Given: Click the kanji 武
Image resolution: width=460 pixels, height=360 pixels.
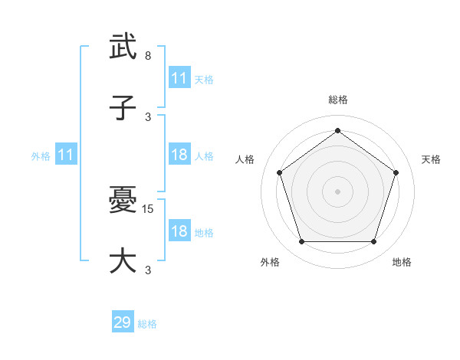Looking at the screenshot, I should [x=123, y=47].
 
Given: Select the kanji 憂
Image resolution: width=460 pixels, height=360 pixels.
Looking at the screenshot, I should [x=123, y=201].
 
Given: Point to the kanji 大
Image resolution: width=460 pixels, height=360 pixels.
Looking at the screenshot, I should [x=123, y=261].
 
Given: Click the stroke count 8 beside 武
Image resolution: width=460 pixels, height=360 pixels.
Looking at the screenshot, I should [x=148, y=56].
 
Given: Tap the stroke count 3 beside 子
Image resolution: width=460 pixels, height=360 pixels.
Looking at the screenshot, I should [x=148, y=117].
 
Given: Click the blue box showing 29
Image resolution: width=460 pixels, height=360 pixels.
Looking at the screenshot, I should [x=123, y=322].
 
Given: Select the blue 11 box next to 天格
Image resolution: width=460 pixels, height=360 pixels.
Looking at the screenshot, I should [x=179, y=78].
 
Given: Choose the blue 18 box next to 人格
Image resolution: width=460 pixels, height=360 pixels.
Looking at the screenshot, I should [x=179, y=155].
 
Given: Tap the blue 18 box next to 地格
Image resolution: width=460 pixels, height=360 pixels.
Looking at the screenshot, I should [x=179, y=231].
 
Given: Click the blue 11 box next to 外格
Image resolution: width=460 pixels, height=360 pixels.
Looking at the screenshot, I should [x=66, y=155].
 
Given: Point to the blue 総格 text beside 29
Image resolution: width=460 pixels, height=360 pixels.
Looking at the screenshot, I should [x=147, y=324].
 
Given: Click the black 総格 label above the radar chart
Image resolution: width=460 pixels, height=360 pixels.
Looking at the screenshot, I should [x=338, y=100].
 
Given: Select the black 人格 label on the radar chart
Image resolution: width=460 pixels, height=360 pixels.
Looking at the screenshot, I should [x=245, y=159].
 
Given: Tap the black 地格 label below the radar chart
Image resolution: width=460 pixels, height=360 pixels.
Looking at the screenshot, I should [x=402, y=262].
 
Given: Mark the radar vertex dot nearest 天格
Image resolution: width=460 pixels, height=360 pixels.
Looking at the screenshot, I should [x=396, y=172].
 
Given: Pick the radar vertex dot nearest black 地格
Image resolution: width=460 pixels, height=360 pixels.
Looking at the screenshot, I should [x=373, y=242].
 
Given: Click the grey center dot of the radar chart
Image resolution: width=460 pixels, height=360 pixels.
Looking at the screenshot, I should [x=338, y=191].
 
